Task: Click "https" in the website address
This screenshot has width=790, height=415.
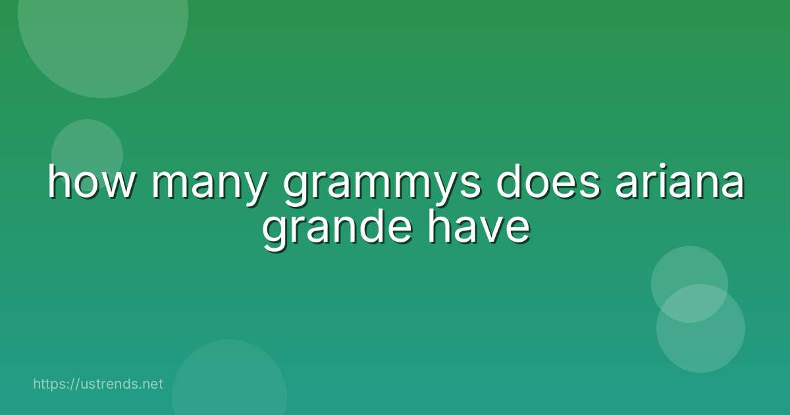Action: pyautogui.click(x=52, y=384)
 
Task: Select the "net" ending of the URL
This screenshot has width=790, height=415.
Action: pyautogui.click(x=153, y=384)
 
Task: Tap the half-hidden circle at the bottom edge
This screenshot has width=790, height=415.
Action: pyautogui.click(x=229, y=382)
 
